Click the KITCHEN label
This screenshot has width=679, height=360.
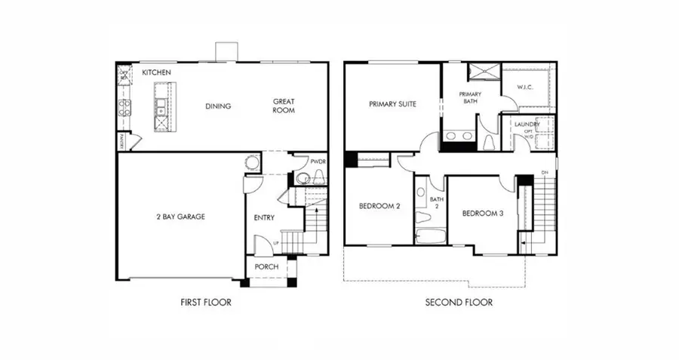pyautogui.click(x=156, y=72)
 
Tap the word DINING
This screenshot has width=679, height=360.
pyautogui.click(x=218, y=106)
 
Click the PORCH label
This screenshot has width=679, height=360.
pyautogui.click(x=266, y=267)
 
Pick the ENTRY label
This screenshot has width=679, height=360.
pyautogui.click(x=264, y=218)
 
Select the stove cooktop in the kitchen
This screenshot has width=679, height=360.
pyautogui.click(x=124, y=106)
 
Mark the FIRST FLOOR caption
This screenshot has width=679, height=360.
pyautogui.click(x=205, y=303)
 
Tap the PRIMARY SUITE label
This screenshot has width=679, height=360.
pyautogui.click(x=393, y=104)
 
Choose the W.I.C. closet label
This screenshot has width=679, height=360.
pyautogui.click(x=526, y=87)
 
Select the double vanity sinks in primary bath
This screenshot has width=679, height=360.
pyautogui.click(x=459, y=137)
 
